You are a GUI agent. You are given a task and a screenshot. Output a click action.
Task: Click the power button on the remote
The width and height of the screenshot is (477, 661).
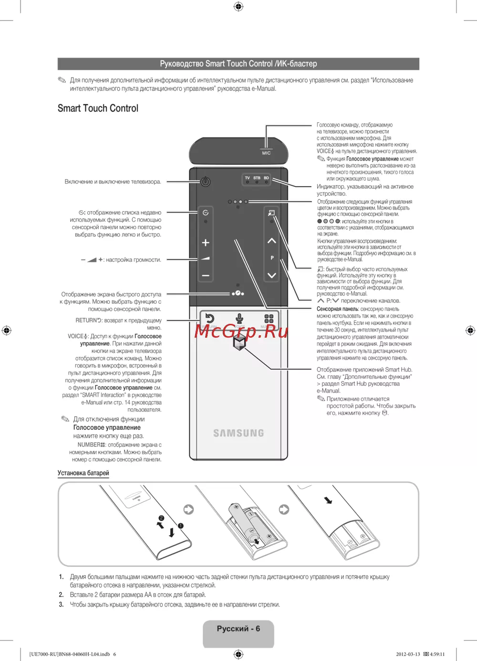(x=206, y=181)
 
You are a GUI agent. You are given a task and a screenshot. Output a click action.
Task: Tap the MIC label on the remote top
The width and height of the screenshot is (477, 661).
(x=266, y=153)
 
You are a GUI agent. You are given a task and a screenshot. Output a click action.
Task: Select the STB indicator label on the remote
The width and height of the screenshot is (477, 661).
(x=257, y=178)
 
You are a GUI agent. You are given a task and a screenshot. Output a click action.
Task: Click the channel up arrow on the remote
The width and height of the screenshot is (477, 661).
(x=272, y=241)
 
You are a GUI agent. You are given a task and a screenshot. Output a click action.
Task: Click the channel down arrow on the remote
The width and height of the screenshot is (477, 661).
(x=272, y=275)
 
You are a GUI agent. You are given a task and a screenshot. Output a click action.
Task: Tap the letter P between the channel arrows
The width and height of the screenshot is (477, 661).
(x=272, y=258)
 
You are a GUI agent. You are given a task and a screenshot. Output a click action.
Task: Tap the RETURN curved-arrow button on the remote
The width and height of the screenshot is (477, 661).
(x=209, y=319)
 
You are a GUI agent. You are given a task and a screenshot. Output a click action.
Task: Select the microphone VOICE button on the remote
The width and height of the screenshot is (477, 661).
(x=239, y=319)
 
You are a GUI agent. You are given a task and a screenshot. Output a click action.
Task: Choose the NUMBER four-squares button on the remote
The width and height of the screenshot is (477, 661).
(x=269, y=319)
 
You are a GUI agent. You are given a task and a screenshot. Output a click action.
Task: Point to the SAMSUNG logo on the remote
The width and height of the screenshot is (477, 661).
(x=238, y=433)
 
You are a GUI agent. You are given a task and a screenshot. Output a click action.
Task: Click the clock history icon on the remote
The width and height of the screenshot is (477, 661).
(x=206, y=213)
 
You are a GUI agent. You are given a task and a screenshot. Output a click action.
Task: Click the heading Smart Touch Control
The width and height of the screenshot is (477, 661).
(x=98, y=108)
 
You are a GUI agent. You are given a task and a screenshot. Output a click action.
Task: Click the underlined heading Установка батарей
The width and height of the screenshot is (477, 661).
(x=83, y=473)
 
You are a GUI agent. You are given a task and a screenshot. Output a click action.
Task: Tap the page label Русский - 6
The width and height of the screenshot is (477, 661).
(x=238, y=629)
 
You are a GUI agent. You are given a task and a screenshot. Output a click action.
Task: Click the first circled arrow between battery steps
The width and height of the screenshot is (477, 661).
(x=189, y=510)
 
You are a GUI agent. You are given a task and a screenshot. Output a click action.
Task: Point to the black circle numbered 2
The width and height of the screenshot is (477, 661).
(x=161, y=518)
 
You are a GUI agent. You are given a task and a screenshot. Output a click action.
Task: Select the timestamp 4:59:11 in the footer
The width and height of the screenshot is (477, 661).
(x=437, y=654)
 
